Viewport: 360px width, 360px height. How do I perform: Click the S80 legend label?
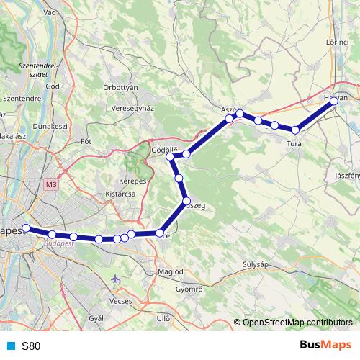[x=31, y=346]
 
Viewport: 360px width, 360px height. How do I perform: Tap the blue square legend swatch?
[x=11, y=346]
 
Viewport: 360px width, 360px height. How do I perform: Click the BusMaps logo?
[x=325, y=345]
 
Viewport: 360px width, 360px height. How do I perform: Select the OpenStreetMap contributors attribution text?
[x=297, y=323]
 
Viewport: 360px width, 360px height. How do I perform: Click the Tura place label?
[x=294, y=144]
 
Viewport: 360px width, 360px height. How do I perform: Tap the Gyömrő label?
[x=189, y=289]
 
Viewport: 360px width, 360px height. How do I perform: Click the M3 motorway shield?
[x=50, y=185]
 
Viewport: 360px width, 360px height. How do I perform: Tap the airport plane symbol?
[x=117, y=279]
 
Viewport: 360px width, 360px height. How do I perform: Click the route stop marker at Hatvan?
[x=334, y=102]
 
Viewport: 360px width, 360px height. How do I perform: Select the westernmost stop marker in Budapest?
[x=26, y=228]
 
